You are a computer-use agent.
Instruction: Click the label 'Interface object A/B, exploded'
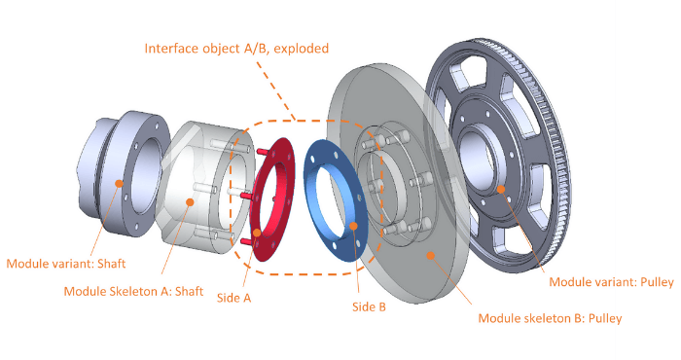coord(236,48)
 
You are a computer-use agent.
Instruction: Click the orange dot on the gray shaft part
coord(118,181)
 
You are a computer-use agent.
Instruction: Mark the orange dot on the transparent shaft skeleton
coord(191,202)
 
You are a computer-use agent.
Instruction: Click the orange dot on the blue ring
coord(353,225)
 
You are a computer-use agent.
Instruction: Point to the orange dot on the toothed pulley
coord(501,189)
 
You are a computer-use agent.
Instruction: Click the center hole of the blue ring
coord(336,199)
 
